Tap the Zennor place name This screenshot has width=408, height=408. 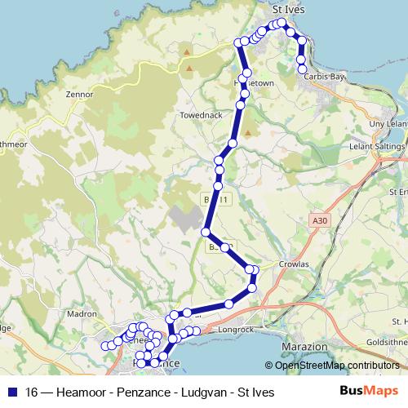(x=79, y=95)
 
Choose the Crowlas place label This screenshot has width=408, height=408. (x=292, y=264)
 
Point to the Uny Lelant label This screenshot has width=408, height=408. (x=388, y=123)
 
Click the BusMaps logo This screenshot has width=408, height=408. (x=368, y=392)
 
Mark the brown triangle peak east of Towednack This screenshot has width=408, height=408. (x=247, y=131)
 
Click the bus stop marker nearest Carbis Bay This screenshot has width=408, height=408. (x=303, y=69)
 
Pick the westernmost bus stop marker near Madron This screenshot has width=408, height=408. (x=104, y=345)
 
